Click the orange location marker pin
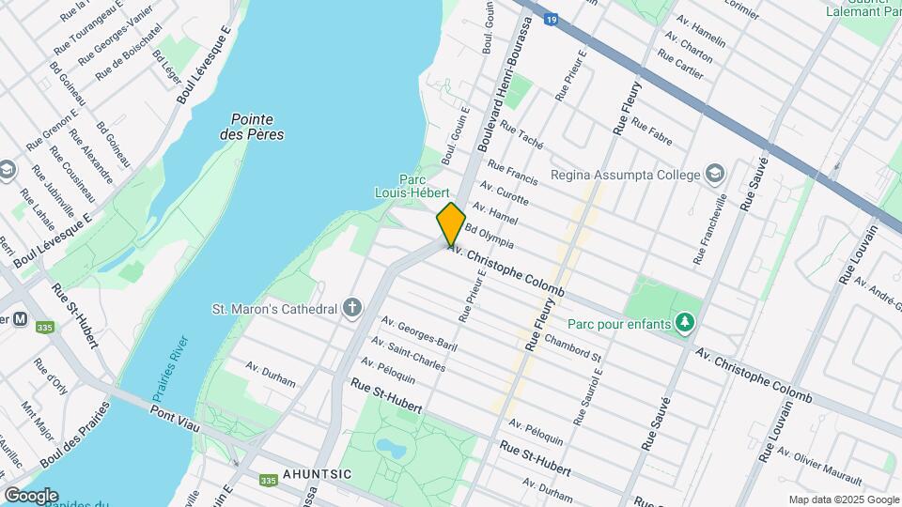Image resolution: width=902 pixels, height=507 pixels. (451, 223)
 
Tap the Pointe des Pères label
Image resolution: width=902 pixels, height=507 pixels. (252, 127)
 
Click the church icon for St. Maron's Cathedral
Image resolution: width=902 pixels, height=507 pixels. (352, 309)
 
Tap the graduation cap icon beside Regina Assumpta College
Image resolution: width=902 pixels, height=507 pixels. (715, 175)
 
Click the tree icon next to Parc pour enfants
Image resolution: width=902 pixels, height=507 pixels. (685, 324)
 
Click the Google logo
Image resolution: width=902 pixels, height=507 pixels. (30, 495)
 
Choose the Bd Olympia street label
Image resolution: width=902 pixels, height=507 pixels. (489, 235)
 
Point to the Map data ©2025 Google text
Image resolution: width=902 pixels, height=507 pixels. (842, 499)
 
